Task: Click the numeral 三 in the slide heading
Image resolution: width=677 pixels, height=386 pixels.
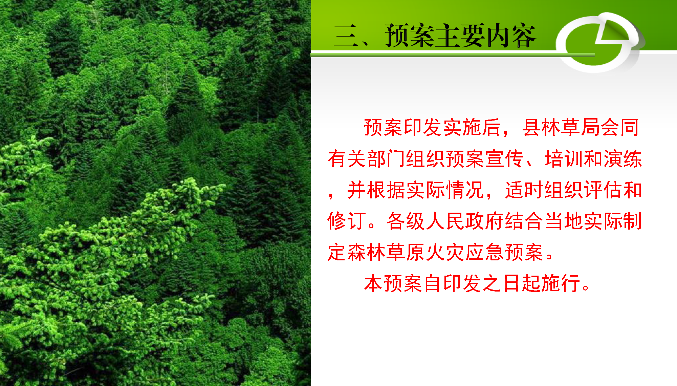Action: [x=346, y=36]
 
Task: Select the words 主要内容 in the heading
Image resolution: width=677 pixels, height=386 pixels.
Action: [x=485, y=36]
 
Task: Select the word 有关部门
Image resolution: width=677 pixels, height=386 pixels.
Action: [x=367, y=159]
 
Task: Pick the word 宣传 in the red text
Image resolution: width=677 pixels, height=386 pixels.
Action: [x=504, y=159]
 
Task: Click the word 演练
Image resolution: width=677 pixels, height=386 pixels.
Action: [x=622, y=159]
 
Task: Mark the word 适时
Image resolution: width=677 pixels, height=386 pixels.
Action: [x=524, y=190]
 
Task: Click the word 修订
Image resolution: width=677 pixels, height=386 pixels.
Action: [x=347, y=221]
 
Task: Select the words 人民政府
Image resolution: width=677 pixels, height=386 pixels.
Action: [x=465, y=221]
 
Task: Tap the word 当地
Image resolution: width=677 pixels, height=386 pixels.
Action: [x=564, y=221]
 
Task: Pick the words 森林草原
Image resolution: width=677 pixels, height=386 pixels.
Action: [x=386, y=252]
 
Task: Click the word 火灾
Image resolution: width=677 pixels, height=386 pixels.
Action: [x=445, y=252]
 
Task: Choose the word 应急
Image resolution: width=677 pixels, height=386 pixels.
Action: [x=484, y=252]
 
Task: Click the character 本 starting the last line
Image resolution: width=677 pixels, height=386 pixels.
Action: [x=374, y=283]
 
